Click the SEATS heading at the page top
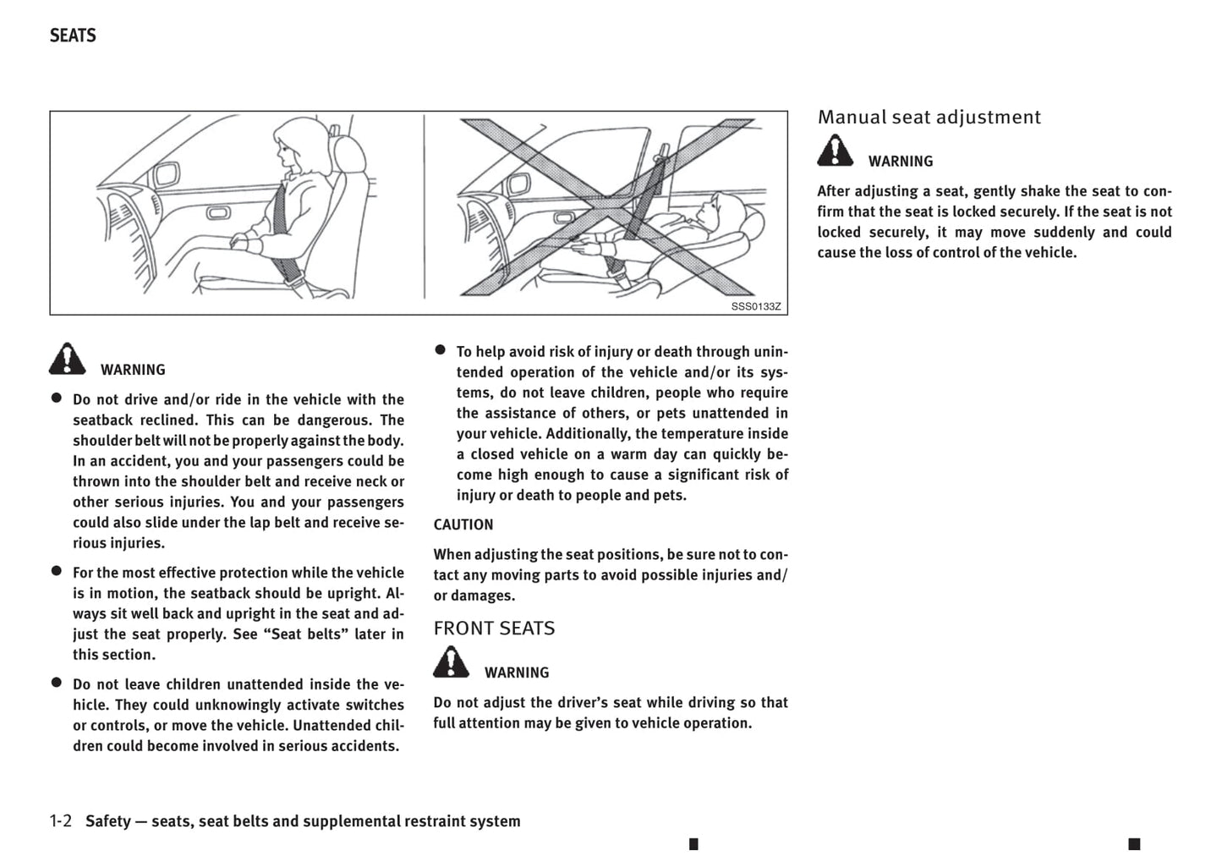click(73, 36)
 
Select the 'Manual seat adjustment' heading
click(929, 118)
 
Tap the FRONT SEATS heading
click(494, 629)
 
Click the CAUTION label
click(463, 524)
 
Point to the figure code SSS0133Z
click(756, 306)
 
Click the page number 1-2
click(61, 821)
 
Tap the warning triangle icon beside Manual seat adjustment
click(836, 151)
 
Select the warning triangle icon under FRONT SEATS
click(452, 662)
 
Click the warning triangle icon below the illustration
click(68, 360)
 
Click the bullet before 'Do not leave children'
click(57, 683)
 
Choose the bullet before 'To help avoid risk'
click(441, 349)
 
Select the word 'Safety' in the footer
click(108, 821)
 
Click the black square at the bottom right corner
click(1134, 843)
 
